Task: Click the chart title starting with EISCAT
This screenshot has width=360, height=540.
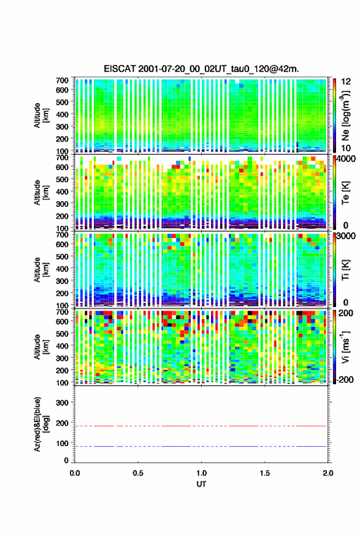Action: [x=201, y=69]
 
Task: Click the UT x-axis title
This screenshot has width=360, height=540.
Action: [x=201, y=484]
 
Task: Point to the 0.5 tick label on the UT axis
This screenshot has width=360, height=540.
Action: [x=138, y=473]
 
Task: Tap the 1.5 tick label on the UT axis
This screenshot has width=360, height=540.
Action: [x=265, y=473]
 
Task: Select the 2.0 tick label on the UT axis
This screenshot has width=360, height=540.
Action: [x=328, y=473]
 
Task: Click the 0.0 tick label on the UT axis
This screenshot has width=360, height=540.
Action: [x=75, y=473]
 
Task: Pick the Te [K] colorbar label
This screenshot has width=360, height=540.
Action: [x=345, y=193]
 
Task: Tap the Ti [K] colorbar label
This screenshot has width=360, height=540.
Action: [x=345, y=269]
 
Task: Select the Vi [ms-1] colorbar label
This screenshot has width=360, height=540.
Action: [x=345, y=347]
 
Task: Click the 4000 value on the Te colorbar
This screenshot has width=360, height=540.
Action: [x=348, y=160]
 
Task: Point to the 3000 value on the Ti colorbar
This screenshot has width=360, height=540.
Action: [x=348, y=237]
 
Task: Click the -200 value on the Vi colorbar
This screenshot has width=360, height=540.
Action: [x=345, y=379]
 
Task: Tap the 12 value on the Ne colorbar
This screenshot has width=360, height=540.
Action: [x=345, y=81]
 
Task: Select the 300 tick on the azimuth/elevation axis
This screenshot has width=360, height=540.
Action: [x=63, y=403]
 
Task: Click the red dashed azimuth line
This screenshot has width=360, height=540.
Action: [x=201, y=426]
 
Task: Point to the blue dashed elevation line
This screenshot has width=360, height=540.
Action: [x=201, y=446]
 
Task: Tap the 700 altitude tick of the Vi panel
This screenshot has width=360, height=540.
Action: [x=63, y=312]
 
